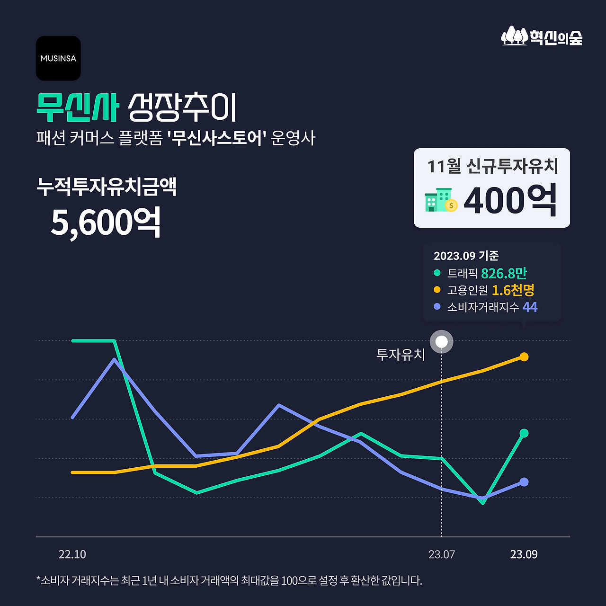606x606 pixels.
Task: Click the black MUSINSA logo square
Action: [x=58, y=58]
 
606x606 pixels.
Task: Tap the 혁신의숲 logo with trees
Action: [x=542, y=36]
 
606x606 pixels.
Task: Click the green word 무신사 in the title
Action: [x=77, y=107]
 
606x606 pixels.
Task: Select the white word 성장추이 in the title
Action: [x=182, y=107]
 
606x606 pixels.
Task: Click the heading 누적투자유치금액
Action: [x=107, y=187]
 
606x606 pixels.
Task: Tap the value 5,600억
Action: [x=106, y=222]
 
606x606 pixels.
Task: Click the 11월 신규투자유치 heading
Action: [x=492, y=166]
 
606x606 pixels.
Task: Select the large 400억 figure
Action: [x=510, y=201]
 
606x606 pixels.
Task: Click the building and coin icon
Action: [x=441, y=200]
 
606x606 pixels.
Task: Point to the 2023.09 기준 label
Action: [x=466, y=256]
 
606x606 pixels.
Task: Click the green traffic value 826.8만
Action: [x=504, y=273]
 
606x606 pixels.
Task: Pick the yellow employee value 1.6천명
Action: [x=513, y=290]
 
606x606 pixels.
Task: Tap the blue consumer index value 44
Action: [x=530, y=307]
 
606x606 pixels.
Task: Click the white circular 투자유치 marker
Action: [x=441, y=341]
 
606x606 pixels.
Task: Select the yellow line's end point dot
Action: [x=524, y=357]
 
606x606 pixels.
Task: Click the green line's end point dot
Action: [x=524, y=433]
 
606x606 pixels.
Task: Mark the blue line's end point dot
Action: [x=524, y=482]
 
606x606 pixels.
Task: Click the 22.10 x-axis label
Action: [x=72, y=554]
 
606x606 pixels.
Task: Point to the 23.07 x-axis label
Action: [x=441, y=554]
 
